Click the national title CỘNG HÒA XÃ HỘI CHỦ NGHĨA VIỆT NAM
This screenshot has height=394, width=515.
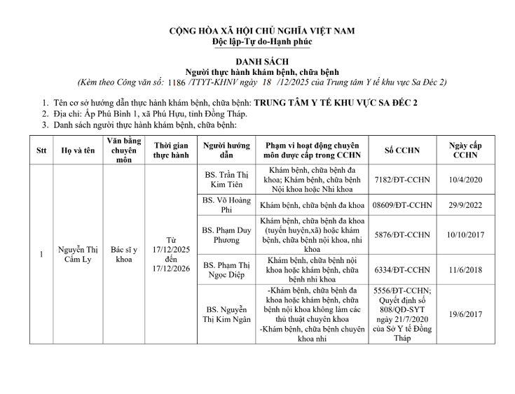click(x=262, y=31)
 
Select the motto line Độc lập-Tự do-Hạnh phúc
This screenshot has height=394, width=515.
click(x=262, y=42)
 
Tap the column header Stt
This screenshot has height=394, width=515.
click(x=41, y=150)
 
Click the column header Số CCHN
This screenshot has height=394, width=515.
click(x=403, y=150)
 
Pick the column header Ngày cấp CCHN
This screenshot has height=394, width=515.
click(x=465, y=150)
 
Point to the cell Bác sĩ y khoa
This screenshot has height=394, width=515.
click(x=123, y=253)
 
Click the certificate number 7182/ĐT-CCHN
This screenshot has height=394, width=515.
click(x=403, y=179)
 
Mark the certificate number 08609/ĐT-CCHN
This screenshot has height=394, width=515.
click(x=403, y=204)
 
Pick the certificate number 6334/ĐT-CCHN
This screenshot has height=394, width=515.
click(x=403, y=269)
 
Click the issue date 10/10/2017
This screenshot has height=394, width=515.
click(x=465, y=234)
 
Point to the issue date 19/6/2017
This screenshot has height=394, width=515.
click(x=465, y=315)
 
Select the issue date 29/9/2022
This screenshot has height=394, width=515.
click(x=465, y=204)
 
